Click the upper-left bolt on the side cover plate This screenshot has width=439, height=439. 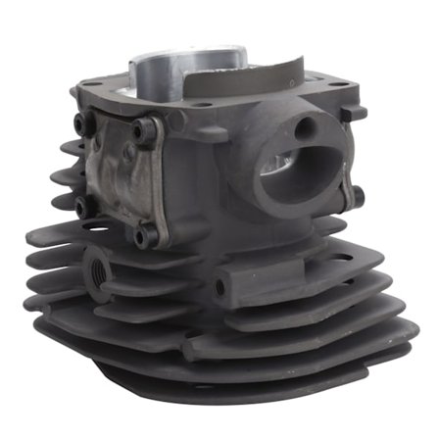[79, 122]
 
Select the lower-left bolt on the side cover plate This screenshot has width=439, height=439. [81, 206]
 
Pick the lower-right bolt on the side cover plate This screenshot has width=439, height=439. [144, 235]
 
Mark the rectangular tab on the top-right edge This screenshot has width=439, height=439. [354, 114]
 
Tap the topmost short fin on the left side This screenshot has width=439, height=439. [71, 147]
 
